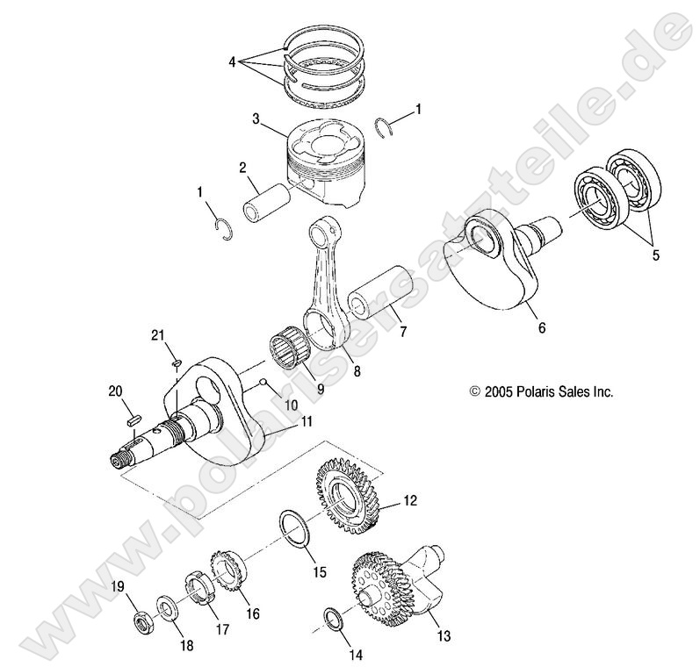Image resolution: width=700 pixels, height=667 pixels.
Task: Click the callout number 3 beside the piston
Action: [x=255, y=117]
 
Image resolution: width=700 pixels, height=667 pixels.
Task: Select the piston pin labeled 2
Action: [x=269, y=200]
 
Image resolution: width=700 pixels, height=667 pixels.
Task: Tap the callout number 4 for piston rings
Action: [x=232, y=62]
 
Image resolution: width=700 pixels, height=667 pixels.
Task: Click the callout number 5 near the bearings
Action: [x=654, y=256]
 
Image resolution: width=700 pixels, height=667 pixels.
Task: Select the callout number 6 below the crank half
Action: [x=541, y=328]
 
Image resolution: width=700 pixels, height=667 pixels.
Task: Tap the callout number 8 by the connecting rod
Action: [x=332, y=371]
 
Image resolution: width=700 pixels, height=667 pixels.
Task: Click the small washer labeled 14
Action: [x=333, y=618]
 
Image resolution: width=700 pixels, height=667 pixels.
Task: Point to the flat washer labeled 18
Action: [x=167, y=608]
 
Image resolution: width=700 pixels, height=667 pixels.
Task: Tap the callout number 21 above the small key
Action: [x=157, y=333]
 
